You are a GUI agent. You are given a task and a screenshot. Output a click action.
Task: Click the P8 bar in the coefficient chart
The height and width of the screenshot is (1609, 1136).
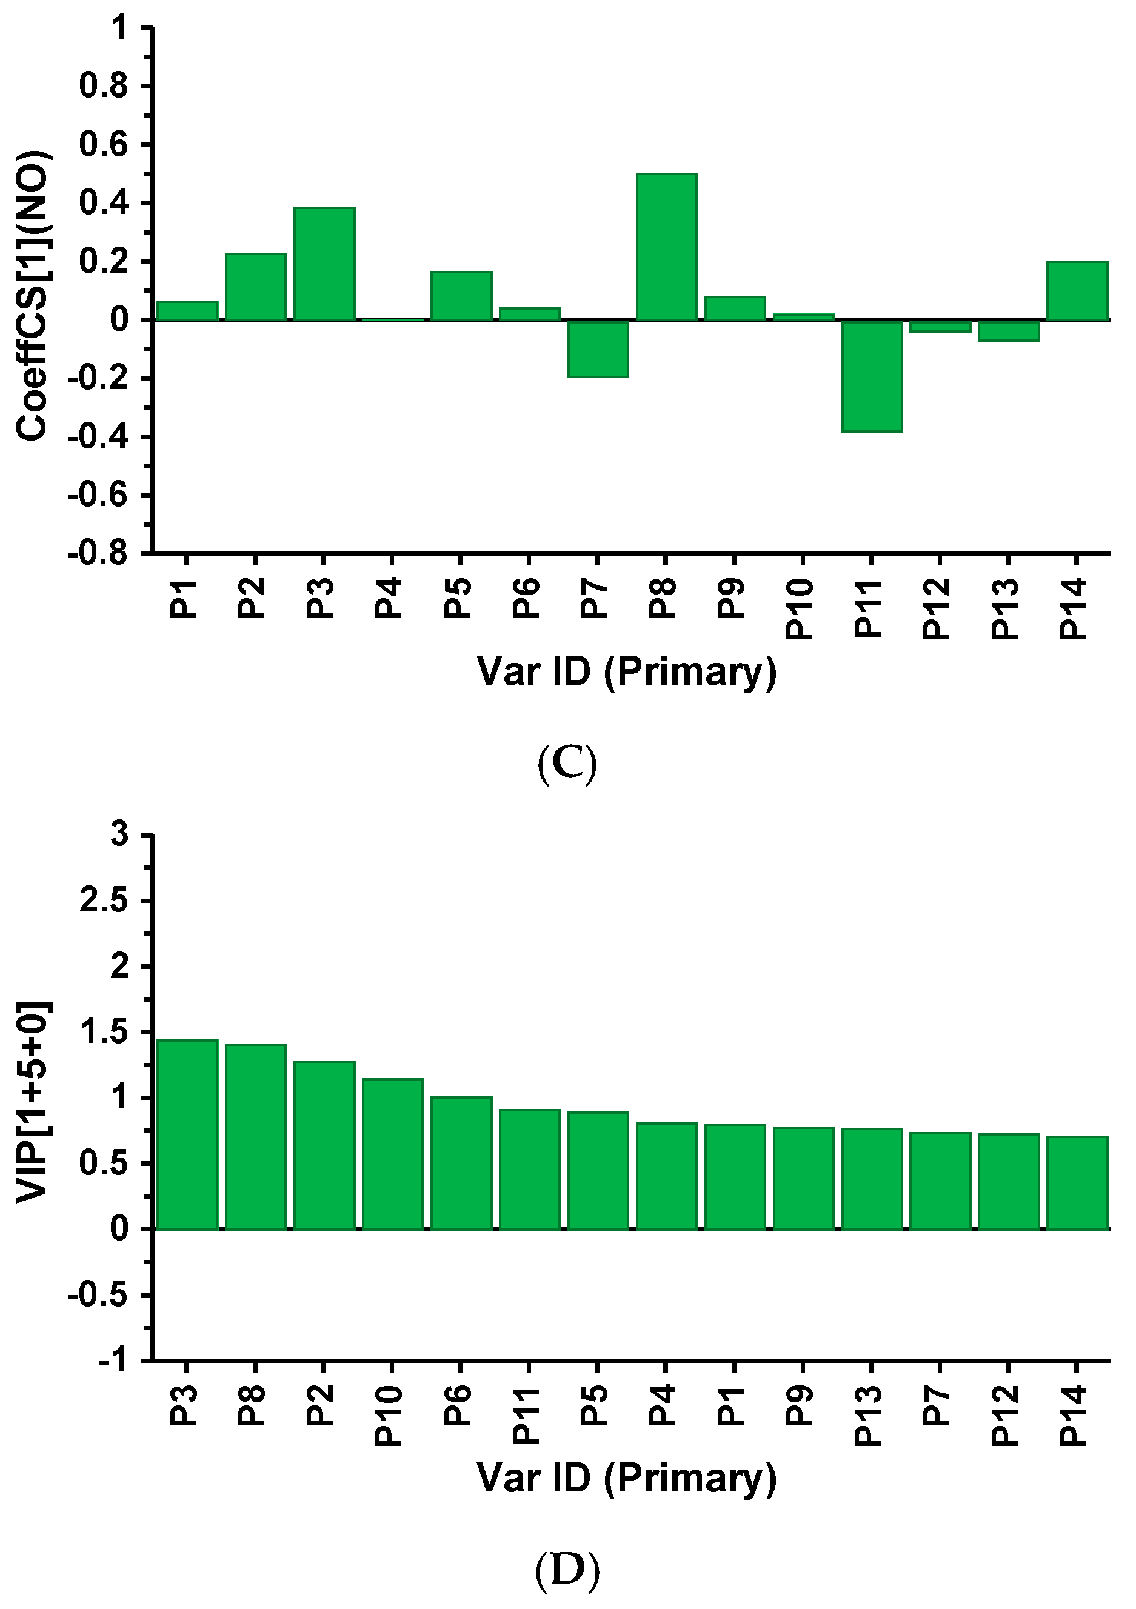(666, 247)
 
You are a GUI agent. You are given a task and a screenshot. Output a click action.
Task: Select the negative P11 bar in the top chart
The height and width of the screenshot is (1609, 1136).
(872, 376)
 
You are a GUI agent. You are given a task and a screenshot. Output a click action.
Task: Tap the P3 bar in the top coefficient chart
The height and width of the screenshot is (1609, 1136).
(324, 264)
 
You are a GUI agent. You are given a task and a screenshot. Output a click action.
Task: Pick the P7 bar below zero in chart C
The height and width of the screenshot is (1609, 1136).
(598, 349)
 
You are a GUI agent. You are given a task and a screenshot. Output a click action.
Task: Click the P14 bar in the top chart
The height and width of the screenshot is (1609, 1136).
(1077, 291)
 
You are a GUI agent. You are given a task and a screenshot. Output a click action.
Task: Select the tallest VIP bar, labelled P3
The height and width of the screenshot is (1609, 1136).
(187, 1134)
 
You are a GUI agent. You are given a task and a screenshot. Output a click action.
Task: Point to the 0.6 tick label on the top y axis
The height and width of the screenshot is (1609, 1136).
(104, 145)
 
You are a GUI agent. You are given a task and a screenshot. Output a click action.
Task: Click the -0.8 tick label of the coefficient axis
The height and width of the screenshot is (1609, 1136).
(98, 555)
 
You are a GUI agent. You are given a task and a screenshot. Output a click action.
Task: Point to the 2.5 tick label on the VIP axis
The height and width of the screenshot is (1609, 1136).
(104, 901)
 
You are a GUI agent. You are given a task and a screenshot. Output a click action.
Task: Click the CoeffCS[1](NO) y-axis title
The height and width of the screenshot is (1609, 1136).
(32, 296)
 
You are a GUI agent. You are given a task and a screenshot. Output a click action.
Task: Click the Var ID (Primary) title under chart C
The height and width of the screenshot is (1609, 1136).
(627, 672)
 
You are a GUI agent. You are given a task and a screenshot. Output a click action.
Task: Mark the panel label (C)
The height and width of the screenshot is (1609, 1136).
(567, 763)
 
